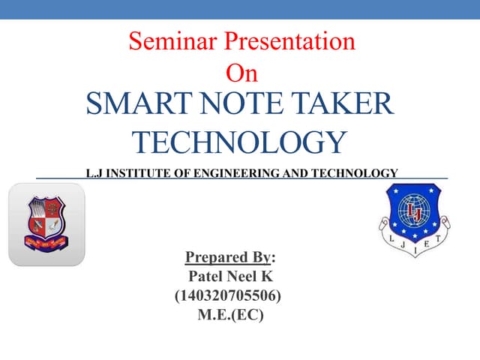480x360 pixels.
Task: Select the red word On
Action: (241, 73)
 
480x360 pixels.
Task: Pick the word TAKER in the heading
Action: (346, 103)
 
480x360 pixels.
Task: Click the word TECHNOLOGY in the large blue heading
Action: (239, 142)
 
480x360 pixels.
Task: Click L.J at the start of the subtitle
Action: (94, 173)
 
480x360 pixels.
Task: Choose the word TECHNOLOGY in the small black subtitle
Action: (352, 173)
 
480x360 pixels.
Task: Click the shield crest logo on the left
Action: (46, 224)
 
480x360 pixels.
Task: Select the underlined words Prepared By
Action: (228, 259)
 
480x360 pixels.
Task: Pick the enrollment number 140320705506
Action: (228, 296)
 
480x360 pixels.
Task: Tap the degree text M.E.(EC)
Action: (229, 315)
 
